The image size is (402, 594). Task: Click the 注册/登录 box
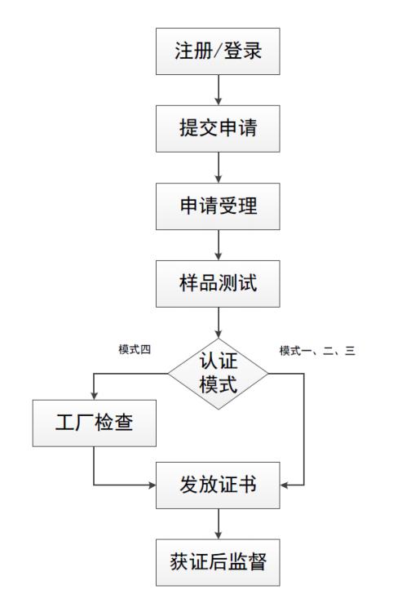point(218,51)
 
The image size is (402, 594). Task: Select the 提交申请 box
point(218,129)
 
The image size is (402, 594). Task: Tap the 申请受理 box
point(218,206)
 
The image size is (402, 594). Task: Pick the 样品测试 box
point(218,284)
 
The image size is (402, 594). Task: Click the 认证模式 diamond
point(218,374)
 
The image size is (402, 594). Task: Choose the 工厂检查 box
point(95,423)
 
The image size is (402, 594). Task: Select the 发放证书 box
point(218,485)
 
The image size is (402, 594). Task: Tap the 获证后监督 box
point(218,562)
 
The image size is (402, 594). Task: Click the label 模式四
point(135,349)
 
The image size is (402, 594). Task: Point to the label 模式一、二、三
point(317,351)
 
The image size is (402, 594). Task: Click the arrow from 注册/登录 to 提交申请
point(219,90)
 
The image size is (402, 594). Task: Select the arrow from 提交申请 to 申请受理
point(219,167)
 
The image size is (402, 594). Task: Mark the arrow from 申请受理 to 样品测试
point(219,245)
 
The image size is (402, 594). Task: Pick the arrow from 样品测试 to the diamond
point(219,322)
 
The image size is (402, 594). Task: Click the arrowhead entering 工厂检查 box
point(95,396)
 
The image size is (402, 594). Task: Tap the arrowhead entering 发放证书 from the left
point(152,485)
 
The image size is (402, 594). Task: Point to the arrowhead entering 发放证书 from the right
point(285,485)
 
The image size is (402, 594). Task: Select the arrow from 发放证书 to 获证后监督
point(219,524)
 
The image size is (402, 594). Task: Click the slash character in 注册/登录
point(217,51)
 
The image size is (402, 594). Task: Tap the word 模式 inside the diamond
point(218,384)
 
